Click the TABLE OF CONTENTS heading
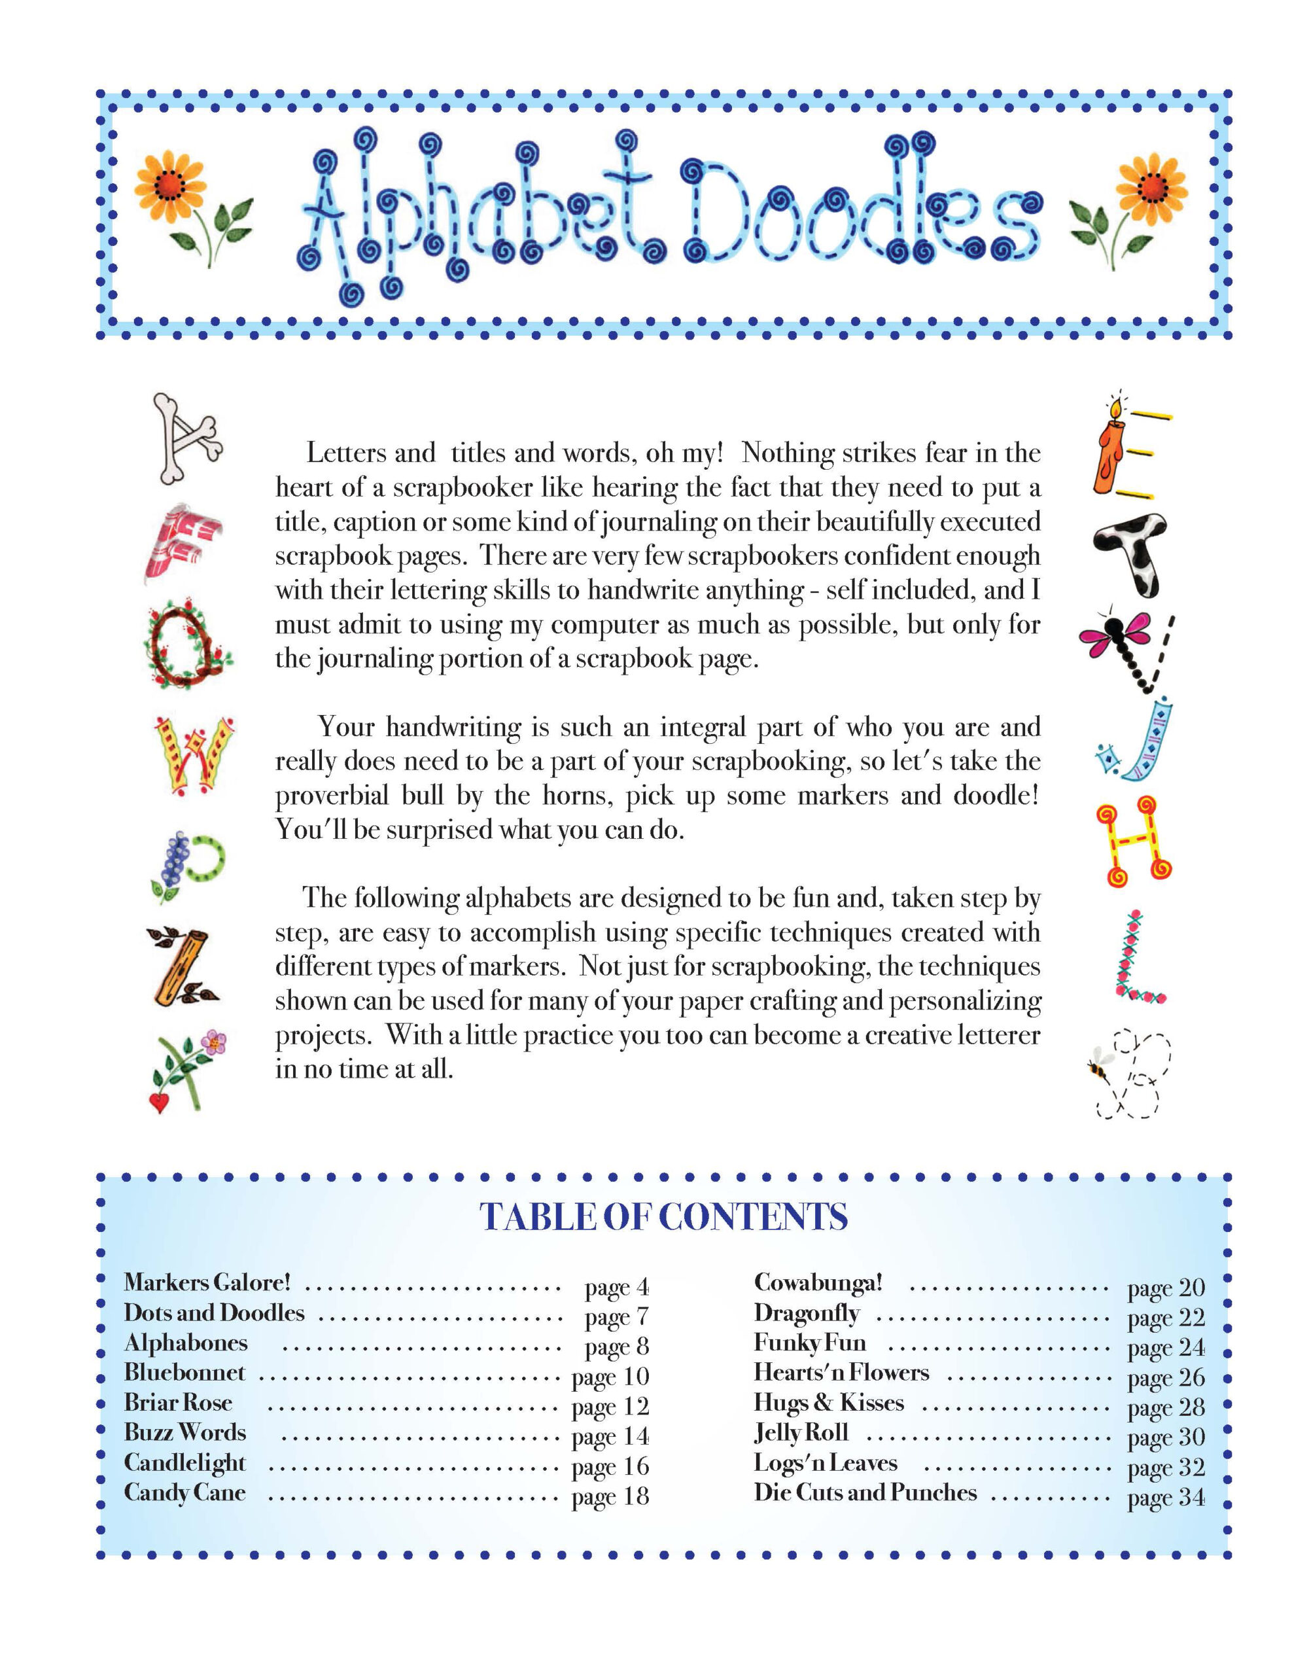pyautogui.click(x=663, y=1217)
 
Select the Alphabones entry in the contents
pyautogui.click(x=186, y=1343)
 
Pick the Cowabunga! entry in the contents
pyautogui.click(x=818, y=1282)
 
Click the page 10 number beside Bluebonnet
pyautogui.click(x=610, y=1377)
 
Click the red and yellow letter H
pyautogui.click(x=1134, y=841)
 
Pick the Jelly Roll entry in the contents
pyautogui.click(x=801, y=1433)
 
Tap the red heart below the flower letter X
pyautogui.click(x=159, y=1103)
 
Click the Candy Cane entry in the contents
pyautogui.click(x=185, y=1492)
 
